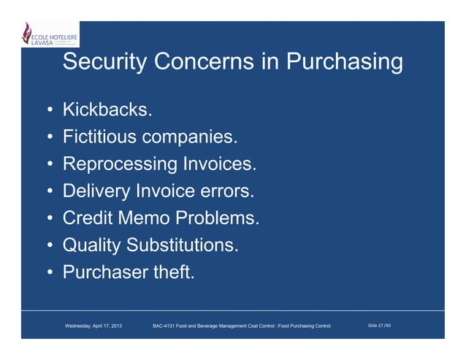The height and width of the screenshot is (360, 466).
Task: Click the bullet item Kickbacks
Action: point(108,111)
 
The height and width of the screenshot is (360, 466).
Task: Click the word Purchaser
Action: point(106,272)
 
